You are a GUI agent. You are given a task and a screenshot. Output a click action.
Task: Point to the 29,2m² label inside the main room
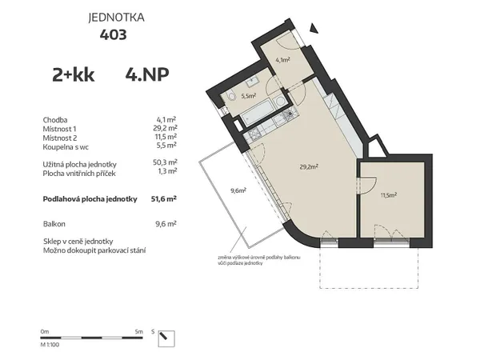pos(309,167)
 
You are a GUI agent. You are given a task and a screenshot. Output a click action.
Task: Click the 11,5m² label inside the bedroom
pos(389,194)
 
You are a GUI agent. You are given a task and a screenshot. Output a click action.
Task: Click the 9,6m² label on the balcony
pos(238,190)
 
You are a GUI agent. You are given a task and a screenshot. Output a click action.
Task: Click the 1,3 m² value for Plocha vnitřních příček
pos(166,170)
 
